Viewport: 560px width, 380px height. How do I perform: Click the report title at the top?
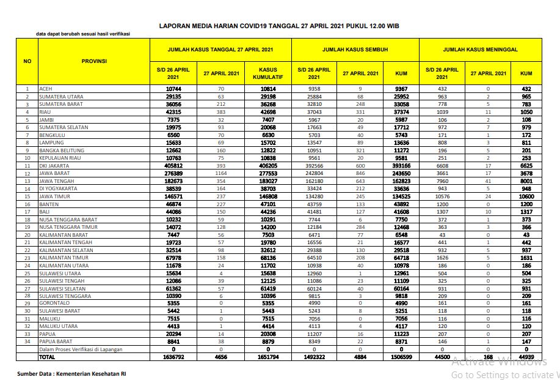coord(279,26)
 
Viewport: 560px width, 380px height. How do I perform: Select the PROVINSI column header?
coord(94,61)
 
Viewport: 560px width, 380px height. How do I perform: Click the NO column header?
coord(27,61)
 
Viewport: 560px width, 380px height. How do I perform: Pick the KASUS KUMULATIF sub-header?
coord(268,73)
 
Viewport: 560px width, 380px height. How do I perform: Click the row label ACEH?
coord(45,89)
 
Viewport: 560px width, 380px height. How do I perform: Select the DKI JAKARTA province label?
coord(53,166)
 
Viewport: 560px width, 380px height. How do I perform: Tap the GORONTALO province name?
coord(53,304)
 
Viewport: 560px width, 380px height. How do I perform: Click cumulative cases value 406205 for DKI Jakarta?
coord(268,166)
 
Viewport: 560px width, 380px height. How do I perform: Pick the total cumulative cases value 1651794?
coord(268,357)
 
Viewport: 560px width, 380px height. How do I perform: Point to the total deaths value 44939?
coord(526,357)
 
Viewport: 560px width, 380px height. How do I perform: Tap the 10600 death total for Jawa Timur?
coord(526,196)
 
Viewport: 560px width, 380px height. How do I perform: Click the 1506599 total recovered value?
coord(401,357)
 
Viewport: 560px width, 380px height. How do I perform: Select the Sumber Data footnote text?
coord(72,372)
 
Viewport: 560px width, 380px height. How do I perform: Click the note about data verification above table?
coord(82,34)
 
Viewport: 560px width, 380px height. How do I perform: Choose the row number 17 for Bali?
coord(27,212)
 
